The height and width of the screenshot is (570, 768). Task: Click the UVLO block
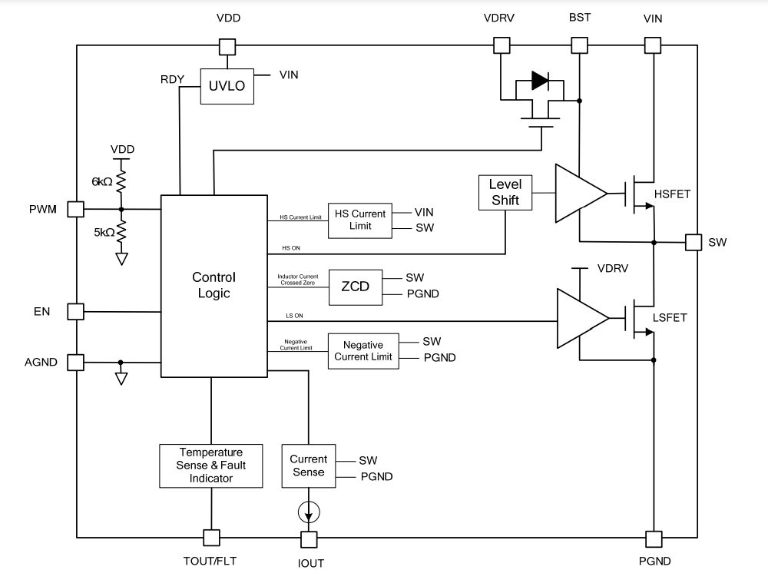pos(227,85)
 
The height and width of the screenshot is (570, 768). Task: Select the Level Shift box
pos(505,192)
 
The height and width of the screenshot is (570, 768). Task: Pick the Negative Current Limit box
pos(363,351)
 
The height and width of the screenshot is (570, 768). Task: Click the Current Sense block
pos(308,466)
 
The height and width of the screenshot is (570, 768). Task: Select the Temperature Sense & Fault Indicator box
pos(211,466)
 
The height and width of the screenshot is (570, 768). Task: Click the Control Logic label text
pos(214,285)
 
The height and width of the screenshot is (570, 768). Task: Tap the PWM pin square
pos(76,208)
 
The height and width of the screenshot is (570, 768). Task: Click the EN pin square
pos(76,311)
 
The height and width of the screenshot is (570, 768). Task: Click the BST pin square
pos(581,45)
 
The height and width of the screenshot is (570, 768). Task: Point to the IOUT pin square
pos(309,538)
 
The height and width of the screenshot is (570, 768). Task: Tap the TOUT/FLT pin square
pos(211,538)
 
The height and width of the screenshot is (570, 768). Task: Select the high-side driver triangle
pos(578,192)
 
